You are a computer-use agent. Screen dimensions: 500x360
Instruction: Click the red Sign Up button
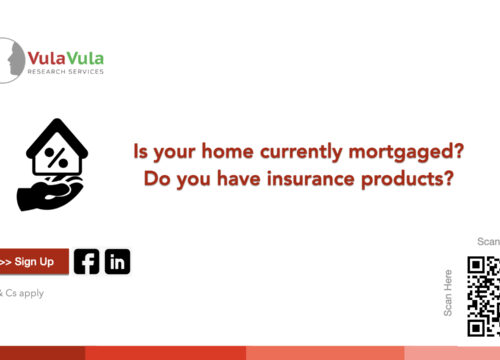coord(34,262)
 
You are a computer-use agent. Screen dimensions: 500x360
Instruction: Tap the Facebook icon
coord(87,262)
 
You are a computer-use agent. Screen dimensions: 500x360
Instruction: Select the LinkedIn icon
coord(118,262)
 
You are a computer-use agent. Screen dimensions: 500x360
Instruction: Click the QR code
coord(484,296)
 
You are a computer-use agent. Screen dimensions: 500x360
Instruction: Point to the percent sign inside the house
coord(56,158)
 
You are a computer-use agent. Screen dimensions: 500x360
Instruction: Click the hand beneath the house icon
coord(50,193)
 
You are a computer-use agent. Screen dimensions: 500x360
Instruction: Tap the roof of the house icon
coord(57,137)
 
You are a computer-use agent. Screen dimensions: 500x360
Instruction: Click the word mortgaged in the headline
coord(406,152)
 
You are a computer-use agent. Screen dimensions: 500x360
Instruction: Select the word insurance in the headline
coord(311,179)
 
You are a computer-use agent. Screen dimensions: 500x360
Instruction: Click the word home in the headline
coord(228,151)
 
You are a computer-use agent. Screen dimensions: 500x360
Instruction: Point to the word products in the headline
coord(407,179)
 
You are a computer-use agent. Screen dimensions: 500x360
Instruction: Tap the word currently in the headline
coord(301,152)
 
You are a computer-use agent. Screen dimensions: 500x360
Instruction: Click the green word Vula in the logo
coord(85,59)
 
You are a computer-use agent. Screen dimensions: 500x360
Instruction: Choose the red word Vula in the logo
coord(47,59)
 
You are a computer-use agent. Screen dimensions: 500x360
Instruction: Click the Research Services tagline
coord(66,71)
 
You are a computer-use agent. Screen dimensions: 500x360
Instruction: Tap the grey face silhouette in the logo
coord(16,60)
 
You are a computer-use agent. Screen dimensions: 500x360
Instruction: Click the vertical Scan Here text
coord(448,293)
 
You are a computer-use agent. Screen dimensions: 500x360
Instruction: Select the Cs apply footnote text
coord(22,293)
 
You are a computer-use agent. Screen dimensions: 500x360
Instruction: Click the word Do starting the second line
coord(156,179)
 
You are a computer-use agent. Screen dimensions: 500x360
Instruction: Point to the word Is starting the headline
coord(140,151)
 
